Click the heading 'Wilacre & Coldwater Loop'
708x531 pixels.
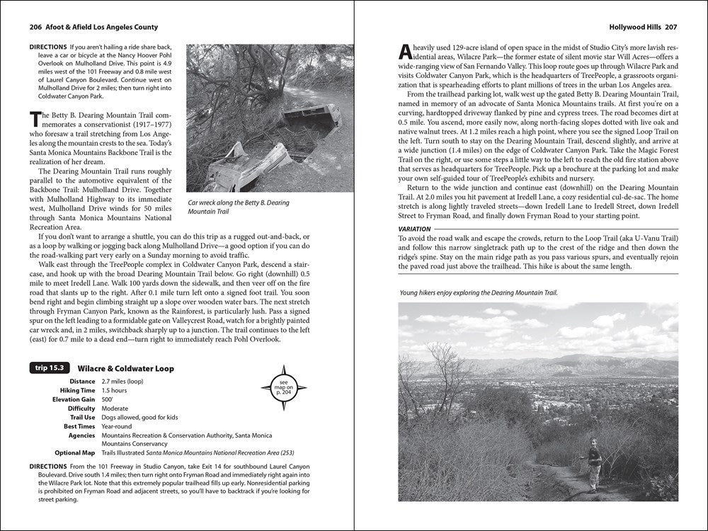tap(125, 369)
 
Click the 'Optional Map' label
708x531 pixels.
tap(74, 453)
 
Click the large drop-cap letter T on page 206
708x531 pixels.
tap(34, 119)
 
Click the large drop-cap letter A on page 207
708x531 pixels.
tap(404, 51)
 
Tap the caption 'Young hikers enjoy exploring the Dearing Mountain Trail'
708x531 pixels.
tap(478, 292)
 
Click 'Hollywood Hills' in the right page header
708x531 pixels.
tap(632, 28)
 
